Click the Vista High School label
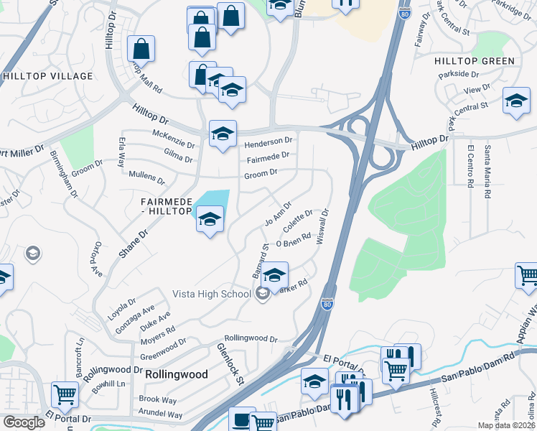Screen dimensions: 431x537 point(211,293)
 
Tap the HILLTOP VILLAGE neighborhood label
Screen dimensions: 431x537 point(48,76)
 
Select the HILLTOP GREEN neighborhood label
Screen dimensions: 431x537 point(475,61)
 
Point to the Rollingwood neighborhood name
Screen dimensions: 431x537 point(176,374)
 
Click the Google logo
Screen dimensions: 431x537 point(24,422)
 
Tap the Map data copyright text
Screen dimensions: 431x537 point(506,425)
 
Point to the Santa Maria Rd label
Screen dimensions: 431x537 point(487,172)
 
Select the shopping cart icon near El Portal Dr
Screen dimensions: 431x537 point(65,393)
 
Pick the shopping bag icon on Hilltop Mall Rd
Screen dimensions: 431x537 point(141,49)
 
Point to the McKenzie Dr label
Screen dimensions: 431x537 point(174,134)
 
